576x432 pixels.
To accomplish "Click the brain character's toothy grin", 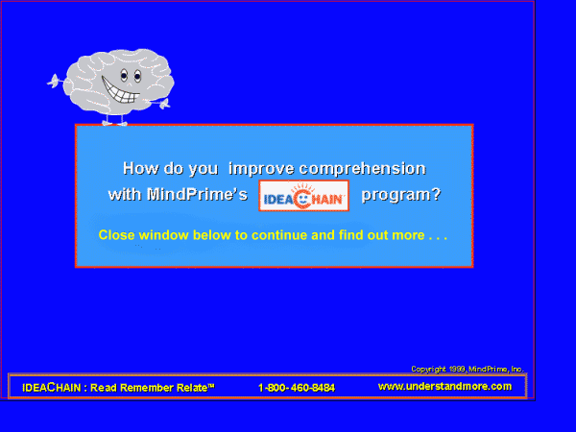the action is [119, 91].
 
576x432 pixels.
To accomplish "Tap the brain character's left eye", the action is [124, 76].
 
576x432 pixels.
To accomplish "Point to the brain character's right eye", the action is [137, 76].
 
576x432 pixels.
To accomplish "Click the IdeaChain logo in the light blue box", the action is [303, 196].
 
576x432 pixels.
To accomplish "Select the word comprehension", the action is [362, 169].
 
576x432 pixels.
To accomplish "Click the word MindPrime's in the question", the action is [197, 194].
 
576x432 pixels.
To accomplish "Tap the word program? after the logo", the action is [400, 195].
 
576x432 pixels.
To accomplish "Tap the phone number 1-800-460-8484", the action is [297, 388].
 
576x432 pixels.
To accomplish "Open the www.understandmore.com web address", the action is [444, 387].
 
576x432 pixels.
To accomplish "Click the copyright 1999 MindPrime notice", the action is [468, 369].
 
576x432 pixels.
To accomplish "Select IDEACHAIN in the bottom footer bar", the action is [52, 388].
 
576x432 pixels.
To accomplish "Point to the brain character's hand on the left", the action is [54, 82].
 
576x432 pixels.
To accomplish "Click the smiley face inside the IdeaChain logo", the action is [303, 199].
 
